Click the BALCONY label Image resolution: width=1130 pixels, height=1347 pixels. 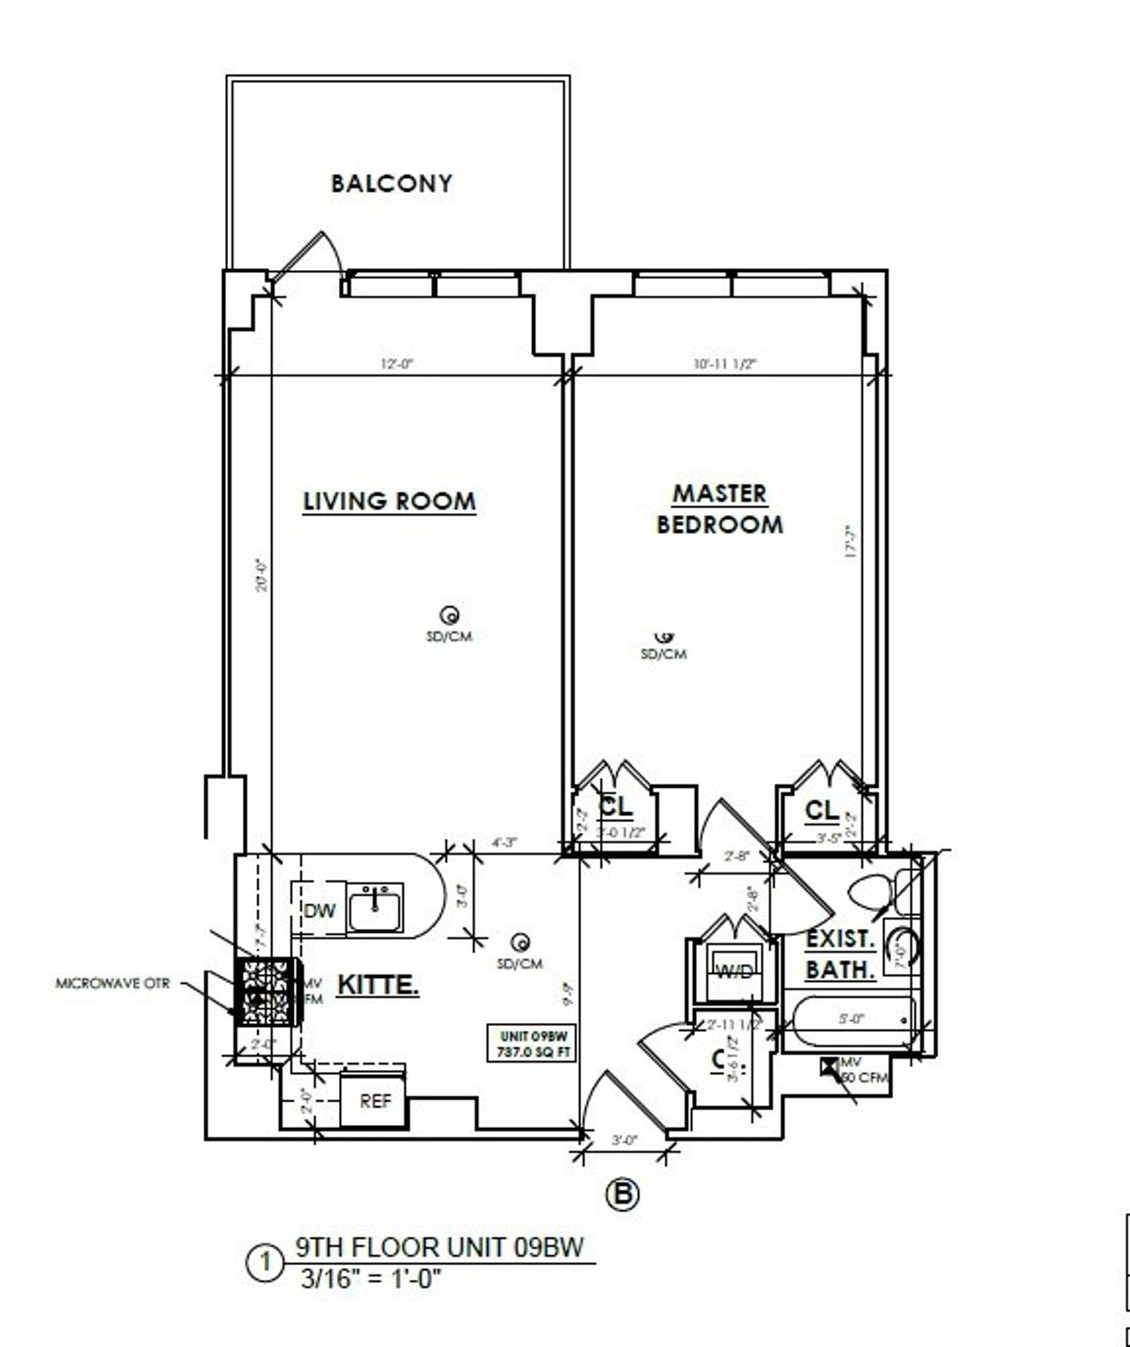391,183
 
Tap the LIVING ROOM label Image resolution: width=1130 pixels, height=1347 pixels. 389,501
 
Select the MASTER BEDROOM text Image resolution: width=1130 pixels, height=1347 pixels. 719,508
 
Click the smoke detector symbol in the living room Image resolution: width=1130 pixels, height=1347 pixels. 451,616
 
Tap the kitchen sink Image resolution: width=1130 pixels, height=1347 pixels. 375,907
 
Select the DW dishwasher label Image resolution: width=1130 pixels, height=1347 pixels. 319,910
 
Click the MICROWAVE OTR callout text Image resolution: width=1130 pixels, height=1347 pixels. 113,986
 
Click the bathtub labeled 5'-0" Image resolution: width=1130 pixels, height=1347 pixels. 852,1024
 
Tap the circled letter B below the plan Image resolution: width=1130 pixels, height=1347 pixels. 621,1195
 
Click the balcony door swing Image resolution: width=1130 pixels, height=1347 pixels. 308,254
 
